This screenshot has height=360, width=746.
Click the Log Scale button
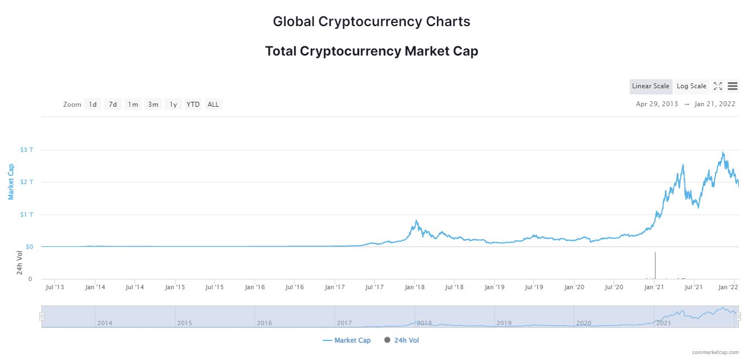(x=691, y=86)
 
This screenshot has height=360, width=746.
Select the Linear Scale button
(x=651, y=86)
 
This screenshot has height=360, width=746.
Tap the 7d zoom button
(x=113, y=104)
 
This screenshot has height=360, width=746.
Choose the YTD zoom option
(x=193, y=104)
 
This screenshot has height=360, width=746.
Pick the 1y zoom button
(x=173, y=104)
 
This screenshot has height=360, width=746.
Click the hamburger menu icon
(x=732, y=86)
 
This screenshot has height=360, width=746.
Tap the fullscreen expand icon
(x=718, y=86)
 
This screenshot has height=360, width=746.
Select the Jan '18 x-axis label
(x=415, y=287)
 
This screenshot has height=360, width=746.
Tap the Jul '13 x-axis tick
(x=55, y=287)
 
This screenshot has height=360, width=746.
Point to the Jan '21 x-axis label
(x=654, y=287)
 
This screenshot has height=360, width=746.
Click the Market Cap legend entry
(x=347, y=340)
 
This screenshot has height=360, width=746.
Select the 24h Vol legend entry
(x=402, y=340)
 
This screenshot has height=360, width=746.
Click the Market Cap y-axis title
(x=11, y=181)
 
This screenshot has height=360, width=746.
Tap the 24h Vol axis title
(x=20, y=263)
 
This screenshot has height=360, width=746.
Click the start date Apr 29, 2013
(x=657, y=104)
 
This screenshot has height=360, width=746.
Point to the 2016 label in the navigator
(x=264, y=323)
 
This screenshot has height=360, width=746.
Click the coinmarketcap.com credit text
(x=714, y=352)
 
